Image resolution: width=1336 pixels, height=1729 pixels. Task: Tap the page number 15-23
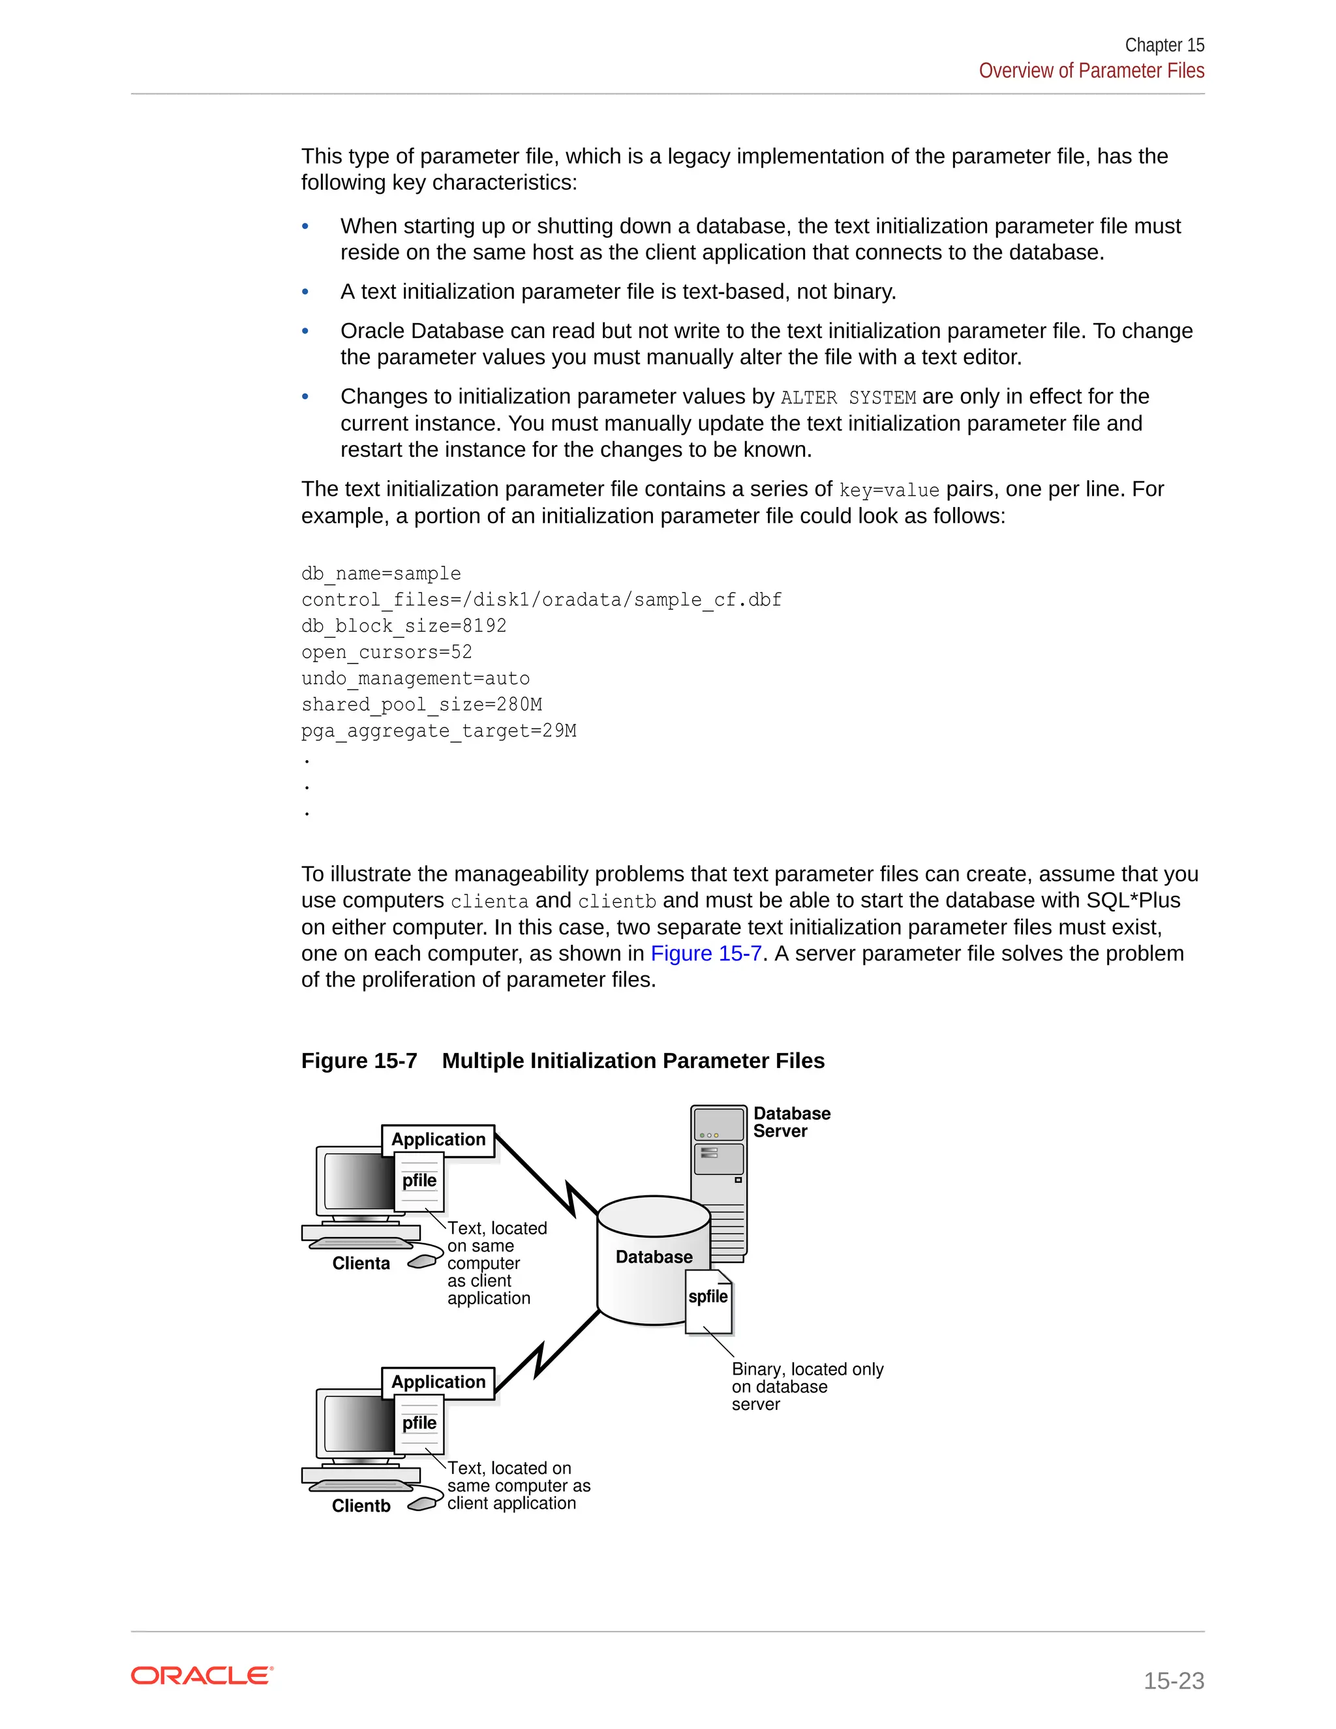[x=1173, y=1680]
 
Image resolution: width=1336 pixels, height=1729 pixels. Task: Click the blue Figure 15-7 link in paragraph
[x=705, y=953]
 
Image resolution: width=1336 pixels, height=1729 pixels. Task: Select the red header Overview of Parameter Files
[x=1091, y=70]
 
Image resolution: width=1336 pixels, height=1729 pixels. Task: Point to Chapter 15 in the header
[x=1164, y=45]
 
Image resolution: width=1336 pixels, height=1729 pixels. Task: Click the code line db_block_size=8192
[x=404, y=626]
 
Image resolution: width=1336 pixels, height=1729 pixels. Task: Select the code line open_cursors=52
[x=386, y=652]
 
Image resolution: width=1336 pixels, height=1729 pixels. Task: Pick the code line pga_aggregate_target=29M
[x=438, y=731]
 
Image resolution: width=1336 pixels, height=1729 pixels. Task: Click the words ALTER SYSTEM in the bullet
[x=847, y=397]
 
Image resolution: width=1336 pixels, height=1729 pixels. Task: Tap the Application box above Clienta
[x=438, y=1139]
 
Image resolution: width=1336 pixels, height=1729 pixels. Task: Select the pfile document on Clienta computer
[x=419, y=1180]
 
